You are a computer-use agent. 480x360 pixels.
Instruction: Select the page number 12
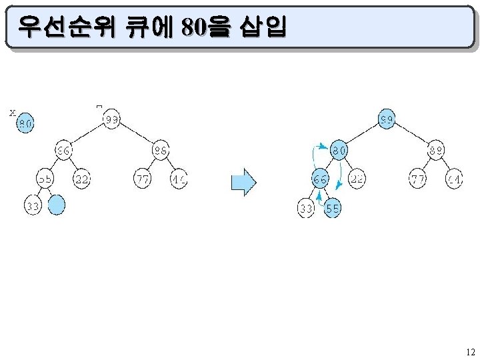coord(470,352)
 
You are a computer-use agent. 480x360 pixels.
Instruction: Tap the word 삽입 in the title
coord(266,26)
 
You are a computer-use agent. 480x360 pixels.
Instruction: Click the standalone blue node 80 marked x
coord(25,124)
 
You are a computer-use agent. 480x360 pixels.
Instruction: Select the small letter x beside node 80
coord(12,113)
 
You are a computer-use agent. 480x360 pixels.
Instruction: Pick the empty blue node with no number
coord(57,205)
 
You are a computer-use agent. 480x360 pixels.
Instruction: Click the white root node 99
coord(111,120)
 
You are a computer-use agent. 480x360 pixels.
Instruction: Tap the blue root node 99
coord(387,120)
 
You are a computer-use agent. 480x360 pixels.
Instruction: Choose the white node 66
coord(63,151)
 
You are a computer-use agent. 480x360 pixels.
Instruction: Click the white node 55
coord(45,179)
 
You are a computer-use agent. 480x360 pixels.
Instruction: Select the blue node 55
coord(333,209)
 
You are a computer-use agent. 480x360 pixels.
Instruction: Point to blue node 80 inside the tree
coord(339,151)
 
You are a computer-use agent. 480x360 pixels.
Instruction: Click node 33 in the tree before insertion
coord(33,206)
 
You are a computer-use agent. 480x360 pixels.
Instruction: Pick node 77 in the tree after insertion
coord(418,179)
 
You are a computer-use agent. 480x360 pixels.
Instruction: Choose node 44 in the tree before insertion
coord(178,179)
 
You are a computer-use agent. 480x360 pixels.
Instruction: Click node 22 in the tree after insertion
coord(357,179)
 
